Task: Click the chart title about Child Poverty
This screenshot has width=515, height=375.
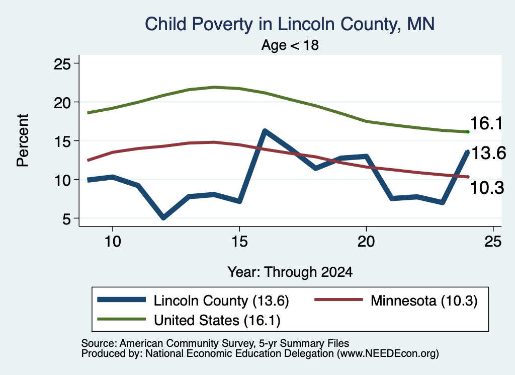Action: tap(290, 24)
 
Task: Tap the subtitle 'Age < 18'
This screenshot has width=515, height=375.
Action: tap(290, 45)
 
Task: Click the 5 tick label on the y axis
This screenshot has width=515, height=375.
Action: tap(67, 218)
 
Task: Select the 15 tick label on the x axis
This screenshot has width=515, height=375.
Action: tap(239, 242)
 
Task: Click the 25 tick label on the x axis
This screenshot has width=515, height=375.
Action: tap(493, 242)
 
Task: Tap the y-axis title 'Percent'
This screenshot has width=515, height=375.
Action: tap(23, 140)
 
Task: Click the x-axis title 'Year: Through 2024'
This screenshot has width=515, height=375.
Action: tap(290, 272)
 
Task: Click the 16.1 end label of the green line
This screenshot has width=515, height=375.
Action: tap(486, 124)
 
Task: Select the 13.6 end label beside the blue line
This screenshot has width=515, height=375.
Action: tap(488, 153)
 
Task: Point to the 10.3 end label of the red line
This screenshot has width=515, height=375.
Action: tap(487, 188)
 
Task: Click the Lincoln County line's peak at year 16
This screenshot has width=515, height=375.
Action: tap(265, 131)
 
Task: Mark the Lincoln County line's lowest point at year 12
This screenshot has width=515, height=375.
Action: tap(163, 217)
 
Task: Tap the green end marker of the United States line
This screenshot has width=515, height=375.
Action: tap(468, 132)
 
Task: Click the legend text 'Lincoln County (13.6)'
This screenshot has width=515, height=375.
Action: tap(221, 301)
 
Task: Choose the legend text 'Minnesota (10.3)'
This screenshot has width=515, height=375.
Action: tap(424, 301)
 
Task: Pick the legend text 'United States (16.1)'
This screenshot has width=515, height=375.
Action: tap(217, 320)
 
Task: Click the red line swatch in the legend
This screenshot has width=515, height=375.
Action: tap(338, 299)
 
